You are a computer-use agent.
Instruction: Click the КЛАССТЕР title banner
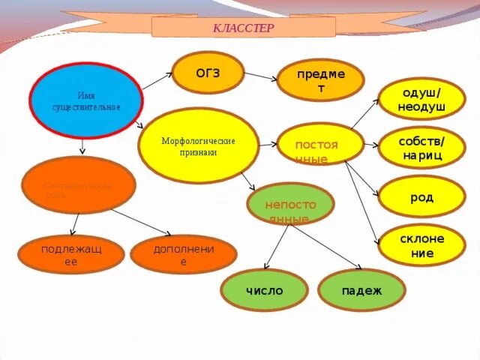pos(243,28)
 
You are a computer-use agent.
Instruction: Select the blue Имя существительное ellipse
pos(86,100)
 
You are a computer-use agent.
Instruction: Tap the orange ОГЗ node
pos(208,73)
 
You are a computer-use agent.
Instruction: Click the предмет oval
pos(320,80)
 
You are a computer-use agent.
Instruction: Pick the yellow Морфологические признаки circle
pos(198,145)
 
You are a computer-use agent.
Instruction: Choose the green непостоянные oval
pos(290,202)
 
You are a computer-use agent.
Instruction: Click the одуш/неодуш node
pos(421,99)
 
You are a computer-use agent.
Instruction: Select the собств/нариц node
pos(421,147)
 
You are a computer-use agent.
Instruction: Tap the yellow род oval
pos(421,196)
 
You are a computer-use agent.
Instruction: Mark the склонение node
pos(421,245)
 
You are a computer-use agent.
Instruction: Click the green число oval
pos(264,290)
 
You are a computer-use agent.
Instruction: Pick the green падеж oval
pos(361,290)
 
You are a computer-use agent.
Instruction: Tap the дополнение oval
pos(183,255)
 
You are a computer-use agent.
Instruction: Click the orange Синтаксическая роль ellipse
pos(79,185)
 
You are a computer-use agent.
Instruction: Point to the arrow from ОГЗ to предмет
pos(261,76)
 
